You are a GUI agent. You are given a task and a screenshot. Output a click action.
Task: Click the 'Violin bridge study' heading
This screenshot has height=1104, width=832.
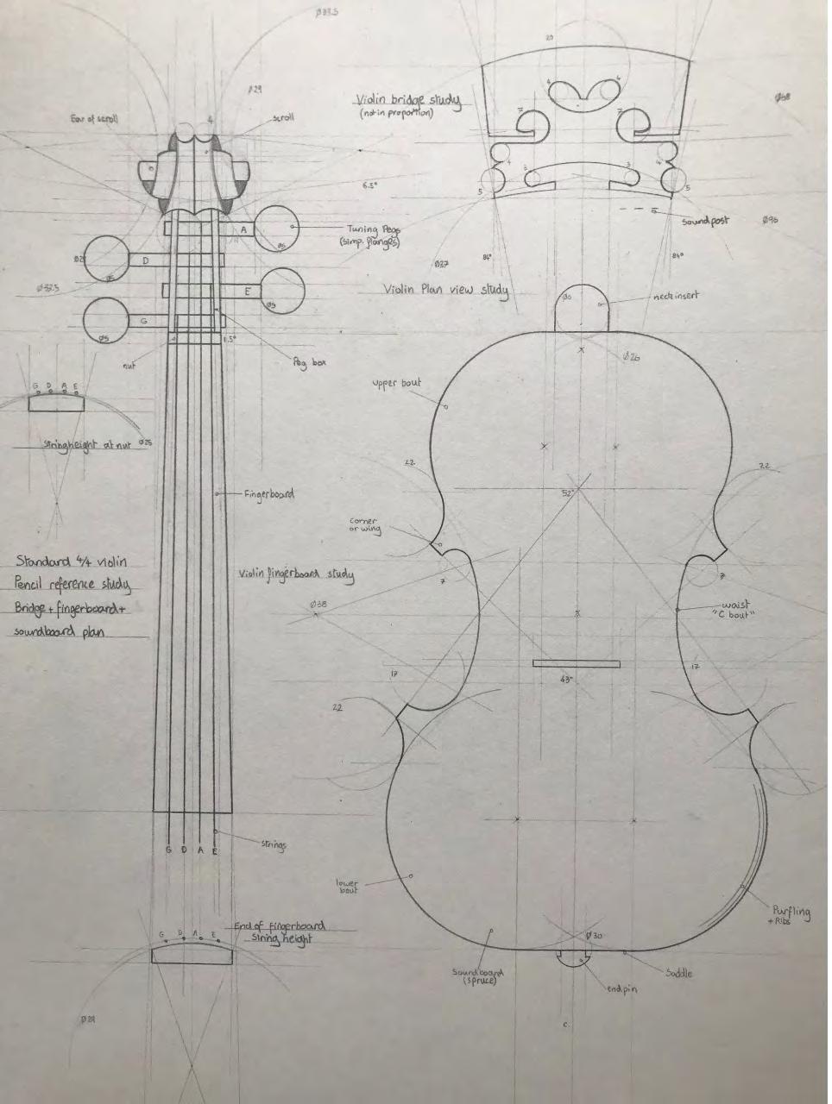[408, 101]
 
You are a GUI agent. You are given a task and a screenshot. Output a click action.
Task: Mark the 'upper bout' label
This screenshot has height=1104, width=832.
[397, 383]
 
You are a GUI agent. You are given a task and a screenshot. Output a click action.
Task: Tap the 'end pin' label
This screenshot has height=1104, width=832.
[621, 988]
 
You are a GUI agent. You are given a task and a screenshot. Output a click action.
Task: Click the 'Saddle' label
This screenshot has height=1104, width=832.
[678, 973]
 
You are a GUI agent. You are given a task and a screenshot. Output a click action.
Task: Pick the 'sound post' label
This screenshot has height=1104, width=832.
[705, 221]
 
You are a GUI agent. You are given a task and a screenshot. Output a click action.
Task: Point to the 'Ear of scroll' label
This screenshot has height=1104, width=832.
[94, 118]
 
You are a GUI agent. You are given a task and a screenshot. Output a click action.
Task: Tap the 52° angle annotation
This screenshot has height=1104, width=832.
[567, 493]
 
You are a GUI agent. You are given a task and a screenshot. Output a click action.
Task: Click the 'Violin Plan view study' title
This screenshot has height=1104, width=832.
[445, 289]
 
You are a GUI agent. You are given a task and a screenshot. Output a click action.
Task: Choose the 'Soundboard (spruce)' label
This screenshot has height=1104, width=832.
[478, 975]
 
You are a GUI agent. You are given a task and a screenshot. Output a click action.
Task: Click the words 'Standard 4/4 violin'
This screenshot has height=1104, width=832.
[71, 561]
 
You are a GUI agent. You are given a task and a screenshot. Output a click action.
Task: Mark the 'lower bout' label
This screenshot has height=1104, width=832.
[347, 886]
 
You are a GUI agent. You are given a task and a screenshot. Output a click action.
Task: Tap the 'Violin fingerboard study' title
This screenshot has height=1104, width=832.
[296, 574]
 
